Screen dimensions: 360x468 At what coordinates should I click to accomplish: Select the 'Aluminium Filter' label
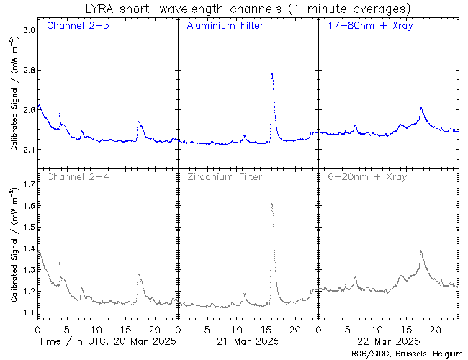pyautogui.click(x=225, y=27)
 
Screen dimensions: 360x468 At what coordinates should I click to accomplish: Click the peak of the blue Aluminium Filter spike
pyautogui.click(x=271, y=73)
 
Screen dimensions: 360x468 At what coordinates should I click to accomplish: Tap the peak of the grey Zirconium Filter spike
pyautogui.click(x=271, y=204)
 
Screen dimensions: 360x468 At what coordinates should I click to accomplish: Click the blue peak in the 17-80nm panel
pyautogui.click(x=421, y=108)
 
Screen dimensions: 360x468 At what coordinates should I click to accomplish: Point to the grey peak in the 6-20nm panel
pyautogui.click(x=420, y=251)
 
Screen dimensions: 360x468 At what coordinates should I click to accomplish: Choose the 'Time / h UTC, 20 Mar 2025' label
pyautogui.click(x=107, y=341)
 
